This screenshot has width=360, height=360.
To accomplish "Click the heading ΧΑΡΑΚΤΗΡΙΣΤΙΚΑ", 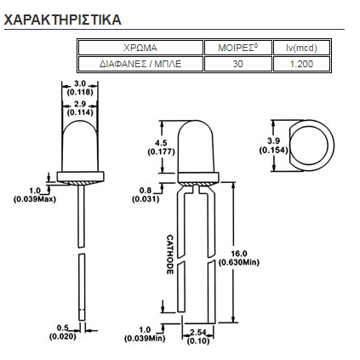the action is (63, 20).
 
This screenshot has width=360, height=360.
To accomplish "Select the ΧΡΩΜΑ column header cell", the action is (140, 48).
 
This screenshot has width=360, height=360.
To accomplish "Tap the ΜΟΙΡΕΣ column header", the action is (238, 48).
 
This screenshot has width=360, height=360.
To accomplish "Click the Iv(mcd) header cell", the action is (301, 48).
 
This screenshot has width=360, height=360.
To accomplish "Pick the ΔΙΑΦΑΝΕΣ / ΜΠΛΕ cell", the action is (140, 64).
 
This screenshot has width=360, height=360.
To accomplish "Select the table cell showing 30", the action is (238, 64).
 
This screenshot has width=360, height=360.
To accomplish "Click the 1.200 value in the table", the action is (301, 64).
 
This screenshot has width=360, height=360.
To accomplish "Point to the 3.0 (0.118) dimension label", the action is (80, 88).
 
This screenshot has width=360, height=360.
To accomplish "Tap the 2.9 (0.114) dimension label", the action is (80, 108).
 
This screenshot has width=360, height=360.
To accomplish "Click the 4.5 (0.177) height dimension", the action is (161, 147).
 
